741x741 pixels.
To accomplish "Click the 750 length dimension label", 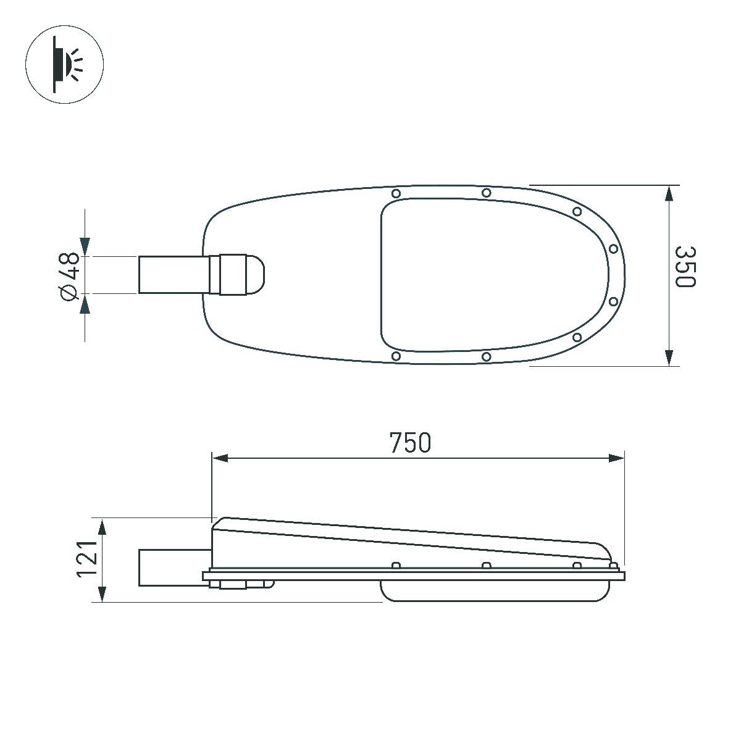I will coord(410,443).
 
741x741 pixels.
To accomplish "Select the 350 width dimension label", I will coord(685,267).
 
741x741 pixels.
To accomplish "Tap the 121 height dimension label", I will coord(86,559).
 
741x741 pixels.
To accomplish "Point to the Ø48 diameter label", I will coord(70,275).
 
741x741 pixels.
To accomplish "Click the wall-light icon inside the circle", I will coord(65,64).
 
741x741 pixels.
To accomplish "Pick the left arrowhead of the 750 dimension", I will coord(220,458).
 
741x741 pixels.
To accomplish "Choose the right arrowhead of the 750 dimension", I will coord(616,458).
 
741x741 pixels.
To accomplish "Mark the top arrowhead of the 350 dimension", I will coord(668,193).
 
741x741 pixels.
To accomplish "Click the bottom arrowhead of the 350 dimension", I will coord(668,358).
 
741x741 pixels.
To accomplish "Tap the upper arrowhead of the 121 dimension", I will coord(103,527).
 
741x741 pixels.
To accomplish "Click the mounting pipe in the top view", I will coord(173,275).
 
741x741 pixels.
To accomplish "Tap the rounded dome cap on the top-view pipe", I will coord(256,275).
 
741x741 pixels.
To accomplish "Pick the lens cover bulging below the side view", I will coord(494,591).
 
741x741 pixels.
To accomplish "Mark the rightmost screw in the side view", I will coord(613,566).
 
